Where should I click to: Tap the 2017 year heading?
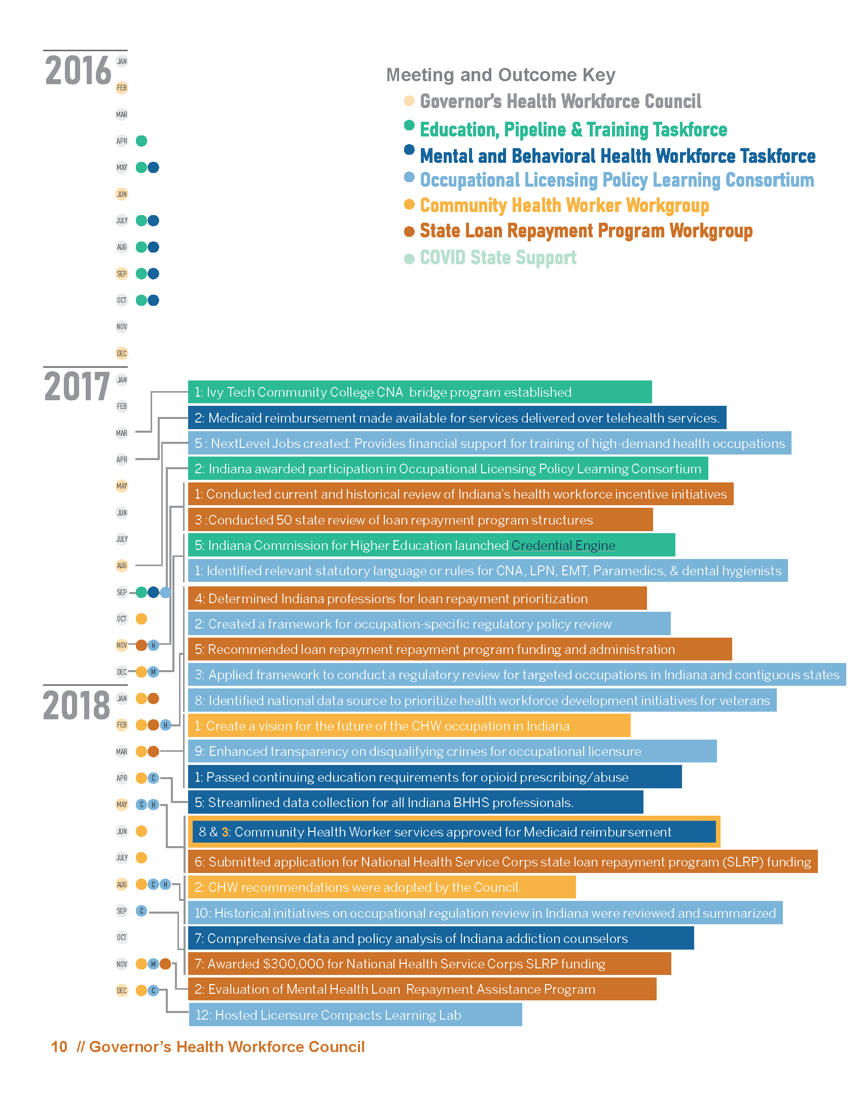[77, 387]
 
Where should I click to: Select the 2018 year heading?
[77, 706]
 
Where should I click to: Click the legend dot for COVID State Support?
[409, 259]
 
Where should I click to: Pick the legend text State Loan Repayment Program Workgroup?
[586, 231]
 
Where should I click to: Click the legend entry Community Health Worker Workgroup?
[564, 205]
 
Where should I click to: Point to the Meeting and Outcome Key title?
[500, 75]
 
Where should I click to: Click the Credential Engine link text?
[563, 545]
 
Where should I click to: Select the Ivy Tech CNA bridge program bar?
[419, 392]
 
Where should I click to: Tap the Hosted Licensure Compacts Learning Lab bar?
[355, 1015]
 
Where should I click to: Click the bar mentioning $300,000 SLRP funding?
[429, 964]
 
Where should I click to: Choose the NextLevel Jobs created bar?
[489, 443]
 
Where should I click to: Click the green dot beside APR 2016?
[141, 141]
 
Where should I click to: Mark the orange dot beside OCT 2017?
[141, 619]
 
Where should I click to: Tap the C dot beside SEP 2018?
[141, 911]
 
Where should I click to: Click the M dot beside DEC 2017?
[153, 672]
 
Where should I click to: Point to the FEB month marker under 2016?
[122, 88]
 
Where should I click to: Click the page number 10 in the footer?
[59, 1047]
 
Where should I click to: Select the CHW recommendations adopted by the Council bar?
[381, 887]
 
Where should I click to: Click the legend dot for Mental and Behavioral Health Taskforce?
[409, 150]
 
